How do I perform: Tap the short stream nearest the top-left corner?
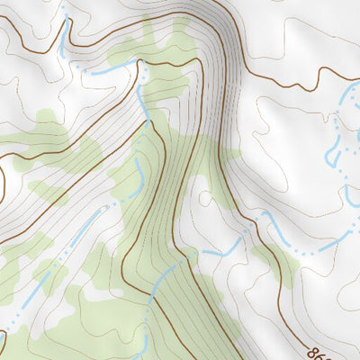64,36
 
